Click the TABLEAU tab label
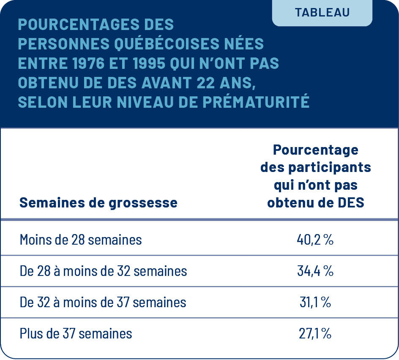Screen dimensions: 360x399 pos(322,12)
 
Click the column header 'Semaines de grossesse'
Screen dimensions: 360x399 pos(98,203)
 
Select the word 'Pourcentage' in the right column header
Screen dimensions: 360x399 pos(315,150)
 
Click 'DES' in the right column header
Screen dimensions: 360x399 pos(350,203)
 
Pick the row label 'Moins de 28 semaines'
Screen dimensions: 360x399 pos(81,240)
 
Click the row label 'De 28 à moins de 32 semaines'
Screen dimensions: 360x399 pos(103,271)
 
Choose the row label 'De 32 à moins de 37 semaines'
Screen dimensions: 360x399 pos(103,302)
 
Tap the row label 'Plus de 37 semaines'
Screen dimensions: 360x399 pos(76,333)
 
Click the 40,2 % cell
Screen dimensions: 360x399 pos(315,240)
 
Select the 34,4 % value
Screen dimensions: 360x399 pos(315,271)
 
